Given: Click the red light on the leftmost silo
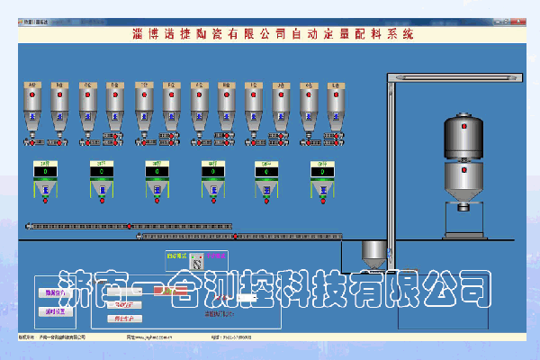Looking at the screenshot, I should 32,100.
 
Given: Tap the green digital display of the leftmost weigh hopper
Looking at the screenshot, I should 45,170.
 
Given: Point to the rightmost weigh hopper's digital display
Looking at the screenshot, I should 321,170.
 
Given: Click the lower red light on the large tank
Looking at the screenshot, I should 463,176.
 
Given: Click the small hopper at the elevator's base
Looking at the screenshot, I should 372,252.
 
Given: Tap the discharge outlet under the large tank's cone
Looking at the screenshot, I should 463,208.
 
